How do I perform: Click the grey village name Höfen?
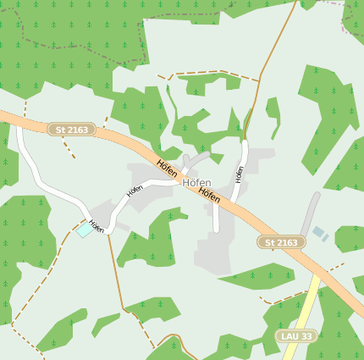(196, 182)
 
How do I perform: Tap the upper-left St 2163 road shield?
(71, 130)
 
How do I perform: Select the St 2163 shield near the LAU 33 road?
(281, 242)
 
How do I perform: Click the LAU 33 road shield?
(295, 336)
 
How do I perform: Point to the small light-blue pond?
(85, 229)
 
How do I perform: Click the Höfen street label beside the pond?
(97, 226)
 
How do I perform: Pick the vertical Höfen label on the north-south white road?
(240, 174)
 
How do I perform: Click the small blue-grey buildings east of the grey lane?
(319, 232)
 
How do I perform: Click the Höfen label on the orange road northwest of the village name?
(166, 167)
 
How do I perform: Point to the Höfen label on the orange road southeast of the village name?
(209, 194)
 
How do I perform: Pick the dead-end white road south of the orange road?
(217, 219)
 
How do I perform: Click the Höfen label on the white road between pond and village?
(135, 191)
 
